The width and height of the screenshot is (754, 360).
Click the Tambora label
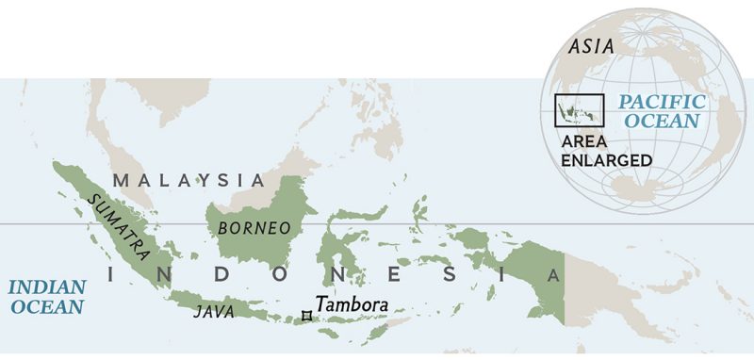(x=352, y=304)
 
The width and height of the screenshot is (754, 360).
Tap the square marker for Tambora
(x=305, y=316)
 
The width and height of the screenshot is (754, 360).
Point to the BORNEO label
(x=254, y=228)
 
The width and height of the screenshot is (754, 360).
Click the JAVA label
(x=214, y=310)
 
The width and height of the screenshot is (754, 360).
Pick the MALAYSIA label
(x=188, y=179)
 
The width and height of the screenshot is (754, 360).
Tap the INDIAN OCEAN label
(x=46, y=296)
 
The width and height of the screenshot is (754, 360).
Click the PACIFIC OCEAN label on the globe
(x=660, y=111)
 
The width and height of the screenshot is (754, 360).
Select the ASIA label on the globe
(x=591, y=45)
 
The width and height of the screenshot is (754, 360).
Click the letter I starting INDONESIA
(x=113, y=275)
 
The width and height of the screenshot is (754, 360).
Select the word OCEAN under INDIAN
(x=46, y=306)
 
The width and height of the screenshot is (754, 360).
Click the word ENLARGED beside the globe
(x=605, y=159)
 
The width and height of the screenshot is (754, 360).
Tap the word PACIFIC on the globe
(x=661, y=102)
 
